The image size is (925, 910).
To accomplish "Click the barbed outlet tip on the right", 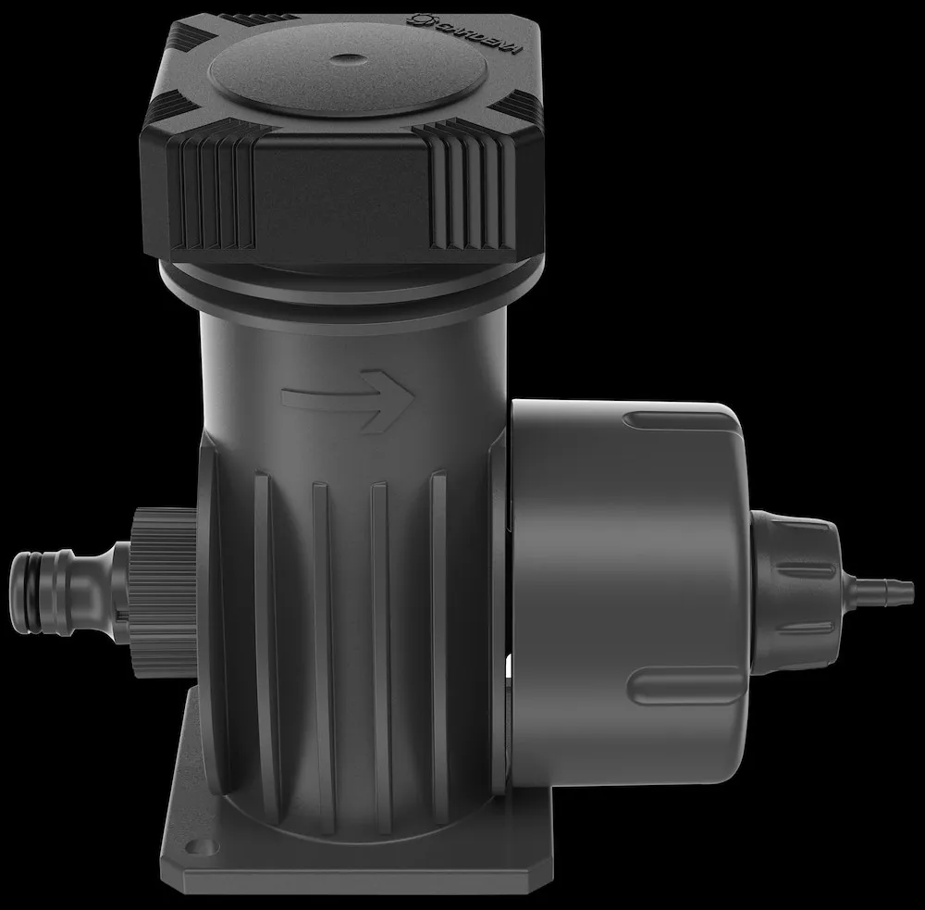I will coord(882,588).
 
